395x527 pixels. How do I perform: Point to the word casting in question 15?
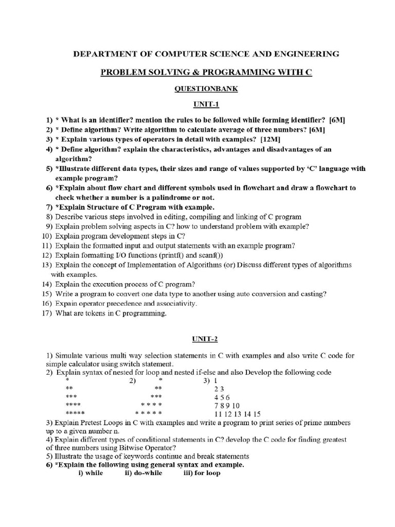313,294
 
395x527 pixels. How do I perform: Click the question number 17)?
47,313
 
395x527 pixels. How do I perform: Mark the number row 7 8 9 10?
227,406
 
